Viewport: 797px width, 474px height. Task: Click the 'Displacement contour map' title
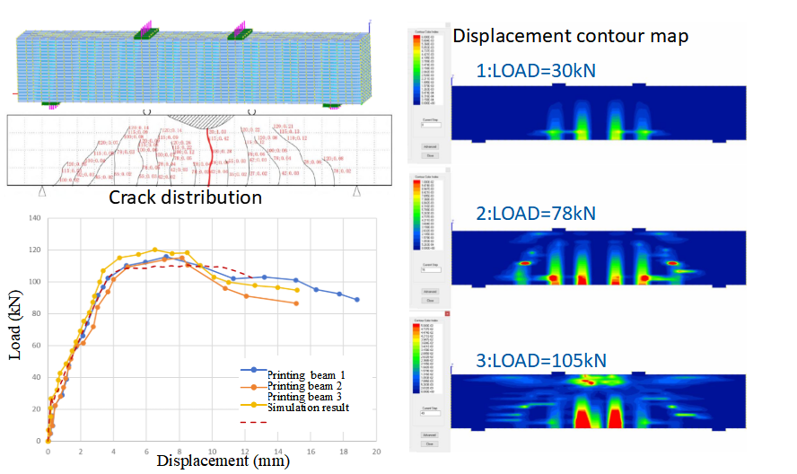click(570, 36)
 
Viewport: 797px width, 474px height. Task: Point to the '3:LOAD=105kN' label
click(540, 360)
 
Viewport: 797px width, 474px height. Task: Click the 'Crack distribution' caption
click(185, 197)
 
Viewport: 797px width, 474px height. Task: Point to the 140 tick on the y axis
click(36, 218)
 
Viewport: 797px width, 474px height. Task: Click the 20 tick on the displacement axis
click(376, 452)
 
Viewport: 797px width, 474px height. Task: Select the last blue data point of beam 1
click(357, 300)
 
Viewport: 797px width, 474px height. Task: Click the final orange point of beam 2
click(296, 303)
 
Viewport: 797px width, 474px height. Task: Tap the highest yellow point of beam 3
click(154, 250)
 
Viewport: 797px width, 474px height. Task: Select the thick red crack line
click(210, 157)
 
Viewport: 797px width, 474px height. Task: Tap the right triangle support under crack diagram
click(357, 191)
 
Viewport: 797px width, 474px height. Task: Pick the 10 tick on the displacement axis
click(212, 452)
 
